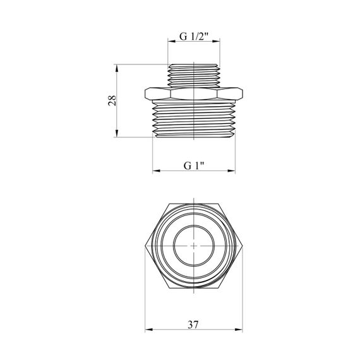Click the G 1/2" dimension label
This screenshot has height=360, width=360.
tap(194, 36)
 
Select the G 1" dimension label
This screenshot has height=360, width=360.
tap(194, 165)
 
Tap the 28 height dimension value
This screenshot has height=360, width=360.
tap(112, 100)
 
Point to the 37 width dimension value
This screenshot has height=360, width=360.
tap(193, 325)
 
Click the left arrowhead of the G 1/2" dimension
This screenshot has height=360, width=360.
tap(172, 41)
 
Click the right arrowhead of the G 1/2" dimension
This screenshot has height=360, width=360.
tap(216, 41)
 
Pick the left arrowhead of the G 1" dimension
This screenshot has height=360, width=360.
tap(157, 171)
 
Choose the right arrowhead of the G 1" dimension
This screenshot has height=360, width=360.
tap(231, 171)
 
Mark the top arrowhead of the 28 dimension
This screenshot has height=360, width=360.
tap(117, 68)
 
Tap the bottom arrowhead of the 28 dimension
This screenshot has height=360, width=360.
tap(117, 133)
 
